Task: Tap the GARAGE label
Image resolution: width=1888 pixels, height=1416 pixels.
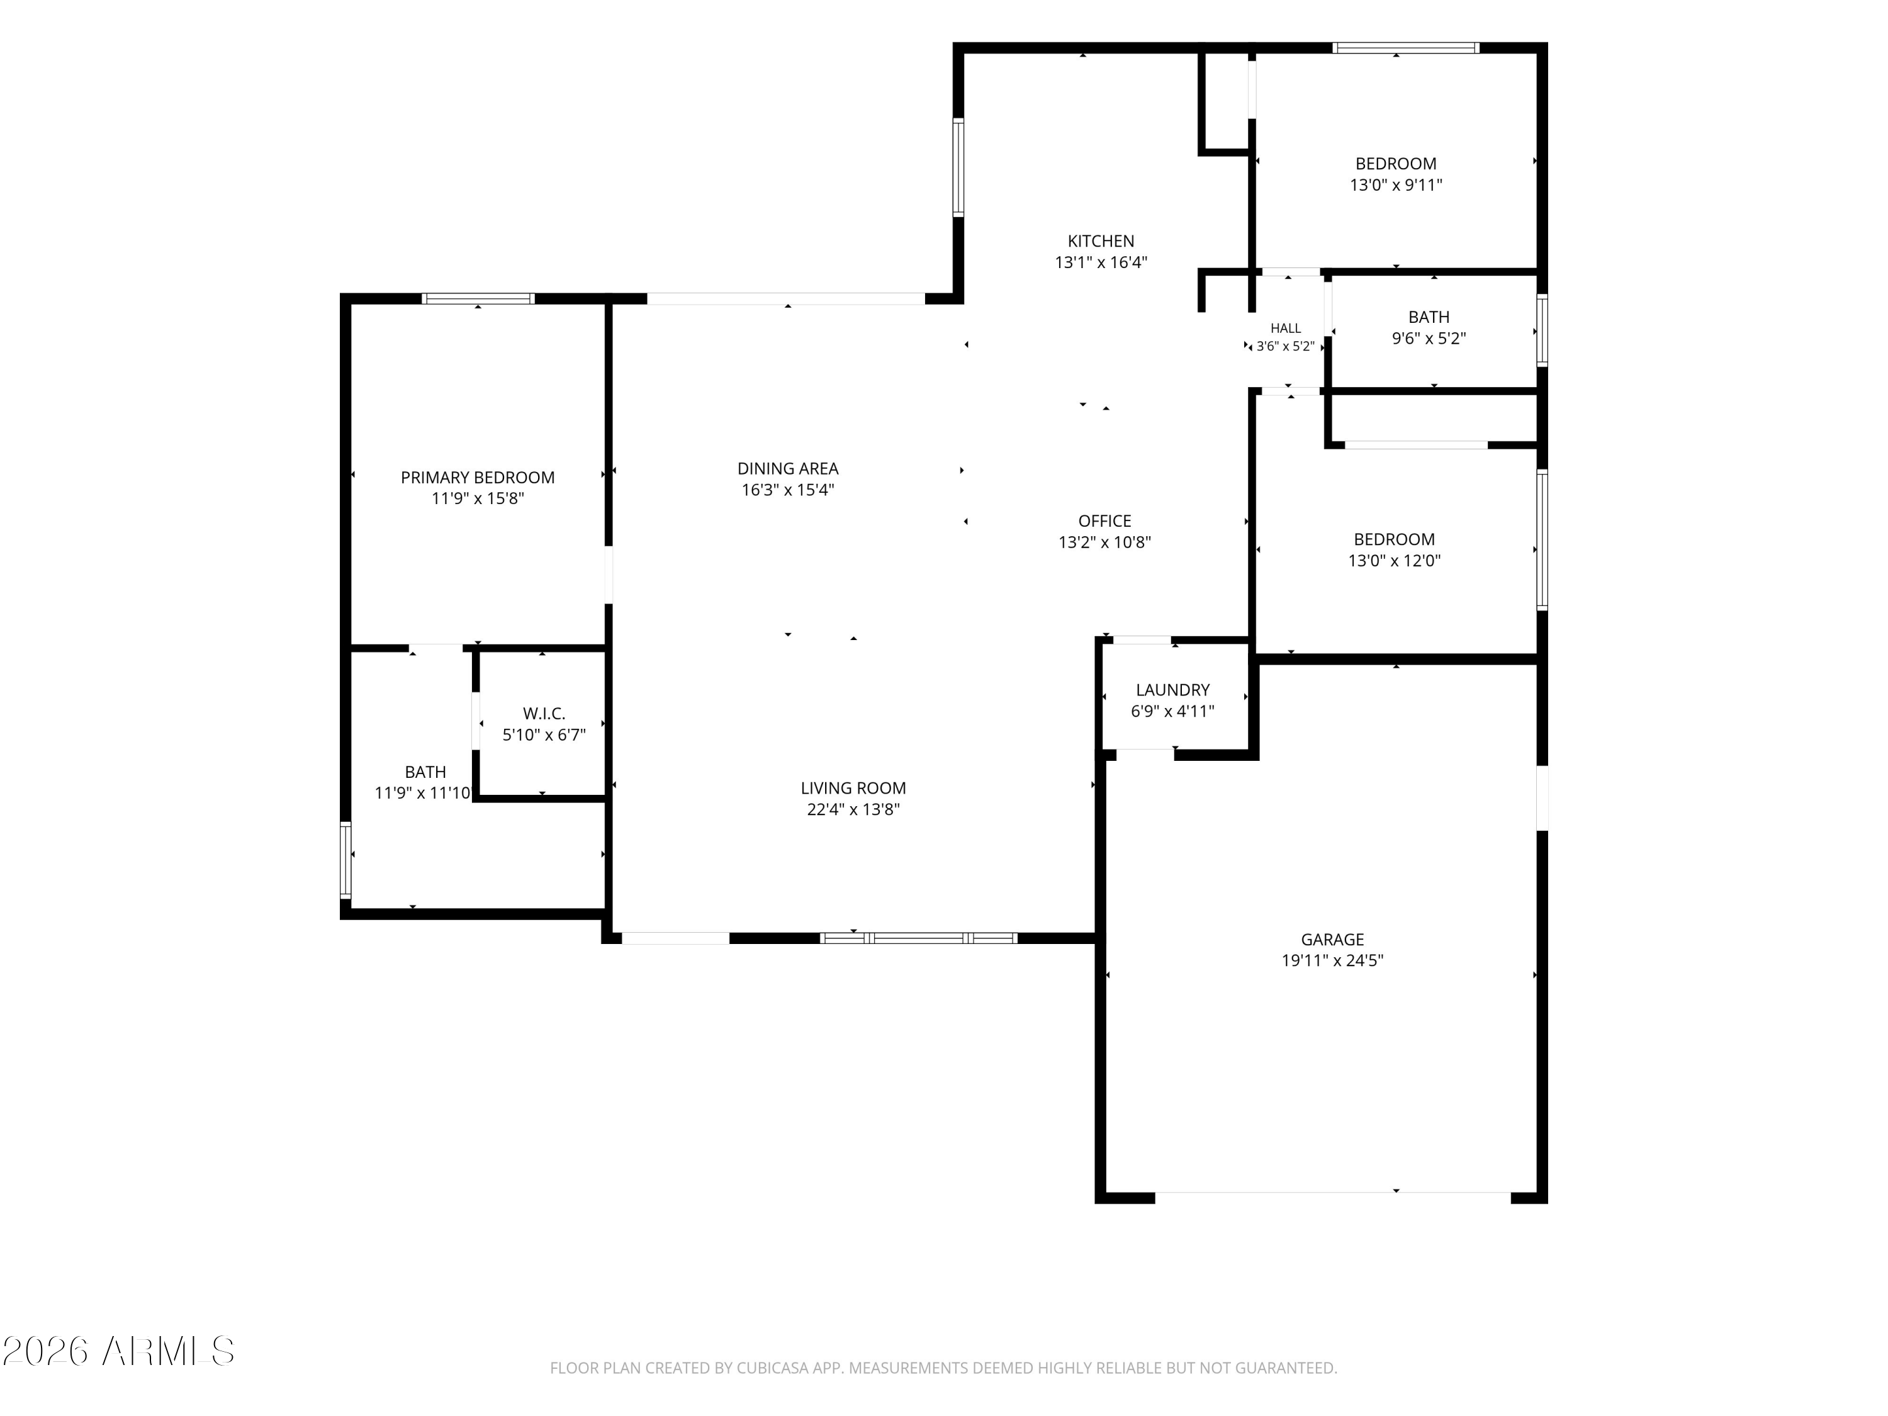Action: (1332, 939)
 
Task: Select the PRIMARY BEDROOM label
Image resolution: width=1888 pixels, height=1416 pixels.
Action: (477, 477)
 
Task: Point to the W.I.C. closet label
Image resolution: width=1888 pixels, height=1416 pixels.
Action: (544, 714)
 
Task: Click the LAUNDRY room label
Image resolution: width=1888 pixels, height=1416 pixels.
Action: (1172, 690)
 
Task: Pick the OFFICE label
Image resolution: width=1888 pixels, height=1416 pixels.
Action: (1104, 520)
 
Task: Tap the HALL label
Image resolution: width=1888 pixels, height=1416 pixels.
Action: (1285, 328)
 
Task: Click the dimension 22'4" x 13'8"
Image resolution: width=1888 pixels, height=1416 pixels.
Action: (853, 809)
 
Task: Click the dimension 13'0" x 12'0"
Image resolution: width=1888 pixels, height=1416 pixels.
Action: (1394, 561)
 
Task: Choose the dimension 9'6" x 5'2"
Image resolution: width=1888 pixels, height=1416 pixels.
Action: (1429, 338)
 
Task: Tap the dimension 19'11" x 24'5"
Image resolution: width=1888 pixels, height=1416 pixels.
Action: (1332, 960)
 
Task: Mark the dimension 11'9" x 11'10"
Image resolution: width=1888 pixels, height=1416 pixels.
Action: (422, 793)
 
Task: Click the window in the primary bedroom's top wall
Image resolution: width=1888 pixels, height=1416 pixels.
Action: (478, 299)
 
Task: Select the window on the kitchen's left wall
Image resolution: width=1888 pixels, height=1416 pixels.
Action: (958, 167)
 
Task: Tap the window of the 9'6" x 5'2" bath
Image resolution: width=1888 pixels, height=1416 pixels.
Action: (1542, 330)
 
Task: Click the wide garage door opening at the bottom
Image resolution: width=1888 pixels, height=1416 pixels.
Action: (1332, 1198)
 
